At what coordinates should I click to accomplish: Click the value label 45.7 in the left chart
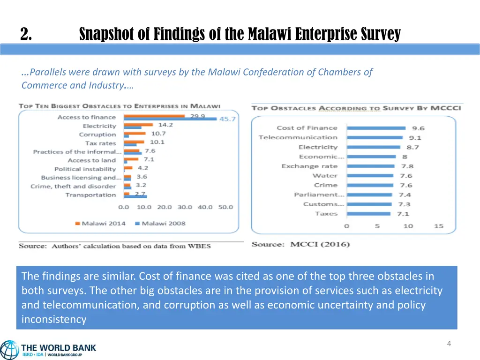coord(227,119)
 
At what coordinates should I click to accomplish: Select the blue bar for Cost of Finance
coord(376,128)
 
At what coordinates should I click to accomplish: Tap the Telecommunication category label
coord(298,137)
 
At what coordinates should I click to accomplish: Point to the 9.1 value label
coord(415,138)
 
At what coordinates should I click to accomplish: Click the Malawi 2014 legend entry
coord(100,224)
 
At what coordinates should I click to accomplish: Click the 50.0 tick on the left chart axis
coord(225,207)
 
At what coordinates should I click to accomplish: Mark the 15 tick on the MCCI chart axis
coord(438,226)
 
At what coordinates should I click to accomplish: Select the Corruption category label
coord(97,135)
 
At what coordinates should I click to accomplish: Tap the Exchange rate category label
coord(309,166)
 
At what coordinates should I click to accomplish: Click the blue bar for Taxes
coord(368,214)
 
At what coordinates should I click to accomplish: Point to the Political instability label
coord(85,169)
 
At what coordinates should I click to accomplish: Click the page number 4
coord(449,344)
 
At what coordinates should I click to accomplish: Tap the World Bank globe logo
coord(9,350)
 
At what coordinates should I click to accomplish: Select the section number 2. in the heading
coord(26,34)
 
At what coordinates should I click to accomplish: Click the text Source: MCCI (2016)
coord(300,244)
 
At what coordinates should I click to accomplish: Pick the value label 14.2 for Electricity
coord(165,125)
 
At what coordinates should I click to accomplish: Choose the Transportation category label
coord(90,195)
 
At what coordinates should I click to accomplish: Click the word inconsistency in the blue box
coord(54,320)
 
